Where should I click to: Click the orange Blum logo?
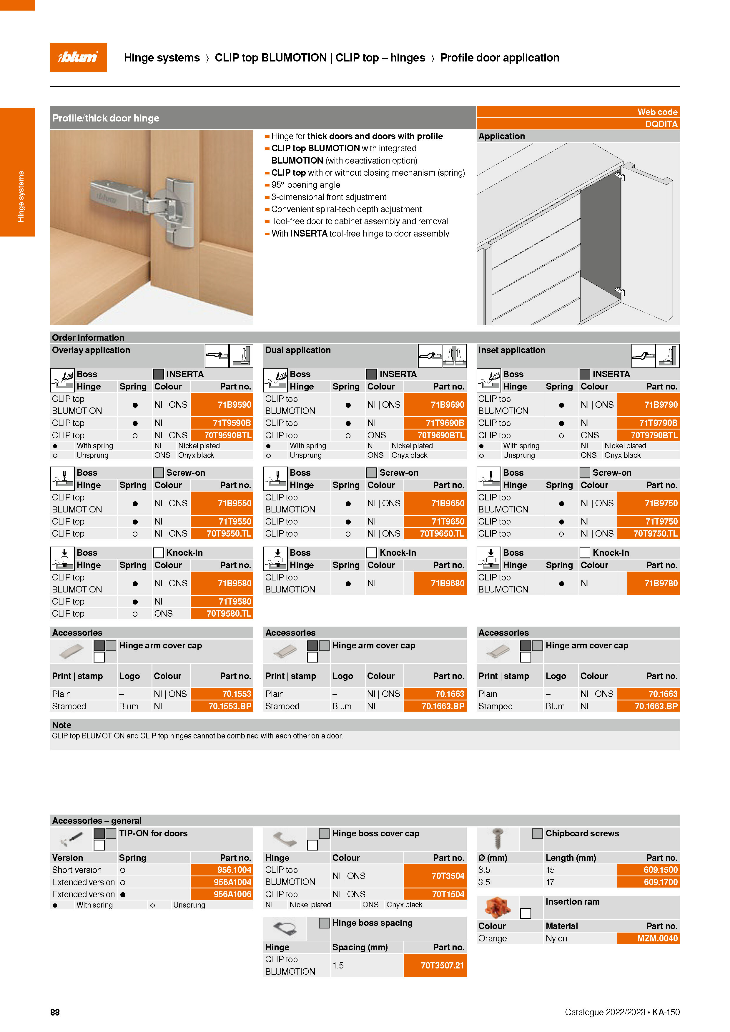[x=78, y=58]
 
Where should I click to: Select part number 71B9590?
[x=234, y=405]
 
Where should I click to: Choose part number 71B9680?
[x=447, y=583]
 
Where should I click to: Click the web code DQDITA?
[x=661, y=124]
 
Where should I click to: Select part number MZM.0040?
[x=657, y=938]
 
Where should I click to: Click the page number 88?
[x=55, y=1012]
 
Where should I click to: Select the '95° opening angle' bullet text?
[x=306, y=185]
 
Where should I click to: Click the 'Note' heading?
[x=61, y=725]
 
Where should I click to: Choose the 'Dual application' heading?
[x=297, y=350]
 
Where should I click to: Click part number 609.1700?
[x=660, y=882]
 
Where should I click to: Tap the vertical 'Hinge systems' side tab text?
[x=21, y=197]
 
